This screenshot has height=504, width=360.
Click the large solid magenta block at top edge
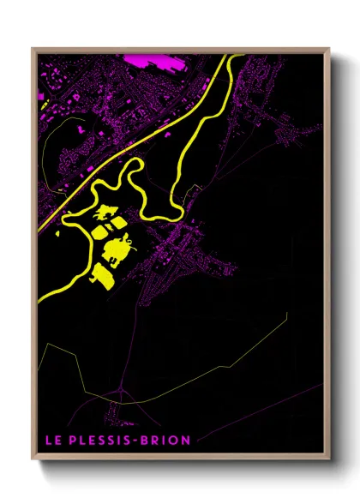coord(155,60)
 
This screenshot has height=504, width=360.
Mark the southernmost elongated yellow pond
coord(102,276)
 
